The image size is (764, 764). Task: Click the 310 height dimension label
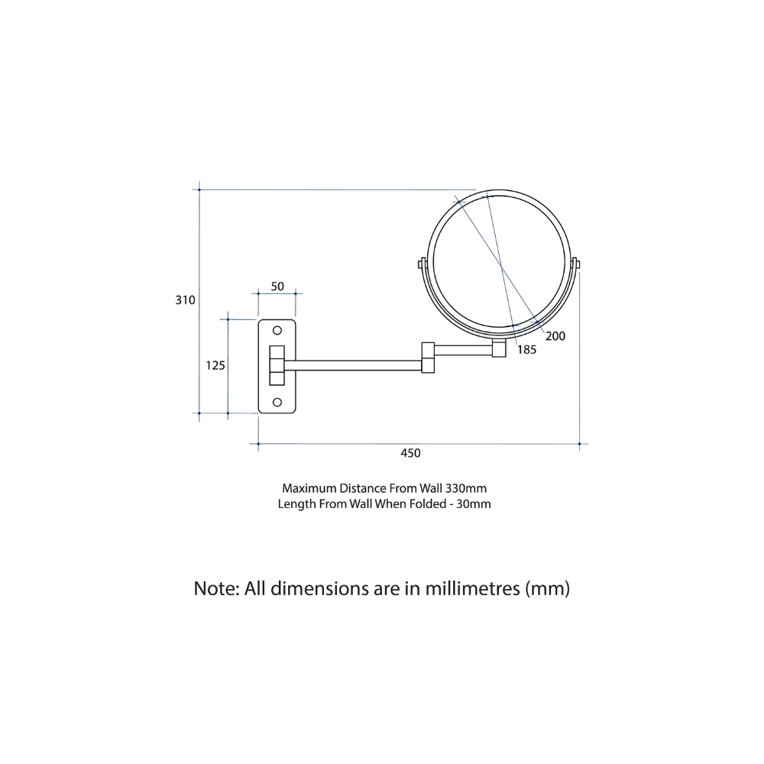tap(186, 300)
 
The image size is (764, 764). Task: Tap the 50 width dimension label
tap(277, 286)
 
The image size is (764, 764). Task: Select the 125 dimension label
tap(215, 366)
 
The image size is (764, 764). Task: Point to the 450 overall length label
tap(410, 453)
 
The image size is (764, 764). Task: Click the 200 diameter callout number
tap(555, 335)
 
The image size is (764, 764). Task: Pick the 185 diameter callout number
tap(526, 349)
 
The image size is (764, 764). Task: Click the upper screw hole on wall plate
tap(277, 331)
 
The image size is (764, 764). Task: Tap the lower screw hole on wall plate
tap(277, 402)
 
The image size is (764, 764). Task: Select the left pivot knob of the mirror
tap(420, 264)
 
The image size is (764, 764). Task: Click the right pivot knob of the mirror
tap(576, 264)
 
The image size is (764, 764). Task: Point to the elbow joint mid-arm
tap(428, 358)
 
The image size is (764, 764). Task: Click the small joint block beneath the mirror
tap(499, 349)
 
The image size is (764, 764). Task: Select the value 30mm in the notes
tap(473, 503)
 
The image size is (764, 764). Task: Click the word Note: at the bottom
tap(217, 589)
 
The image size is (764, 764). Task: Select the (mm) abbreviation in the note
tap(547, 589)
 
